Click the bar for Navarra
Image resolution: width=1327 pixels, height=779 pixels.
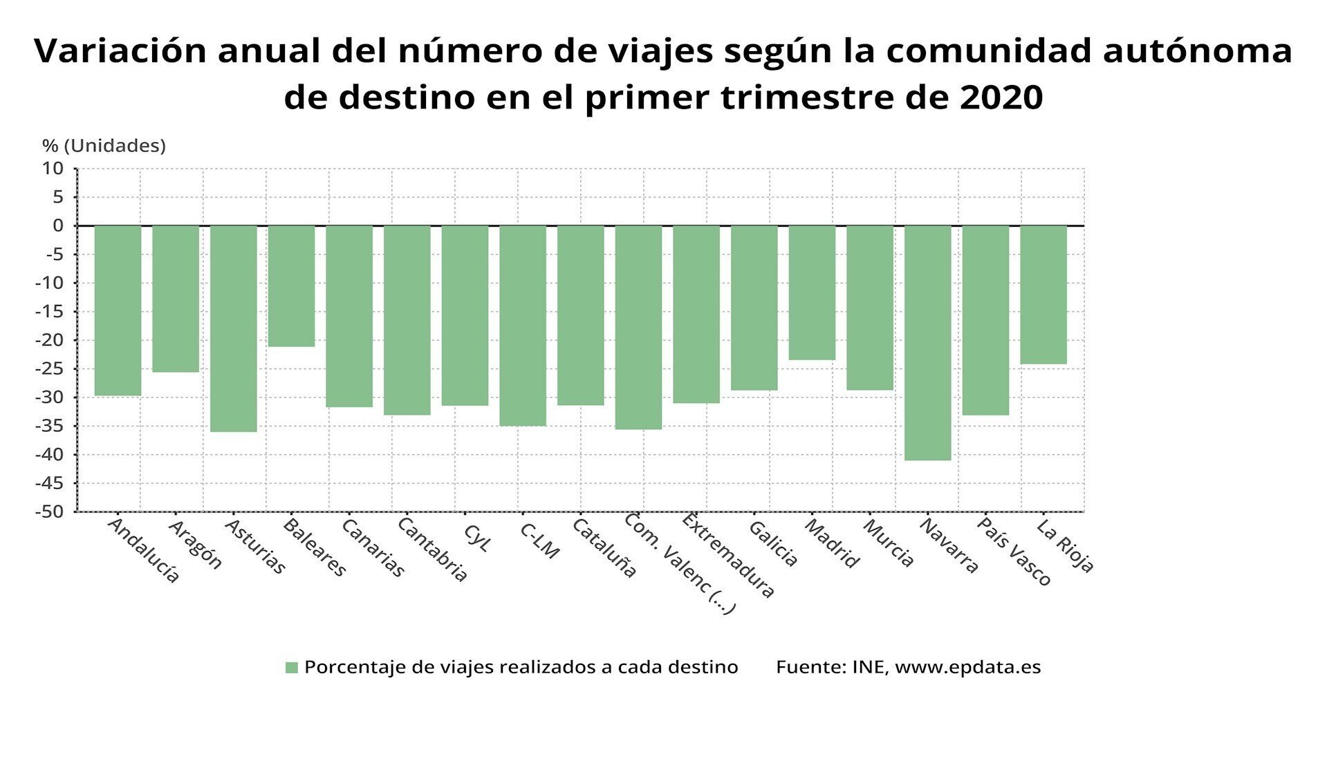[x=927, y=343]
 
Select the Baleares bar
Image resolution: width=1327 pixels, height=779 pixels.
[x=291, y=286]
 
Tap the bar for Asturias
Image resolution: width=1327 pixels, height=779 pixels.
[x=234, y=328]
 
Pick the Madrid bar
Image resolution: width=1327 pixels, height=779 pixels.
[x=812, y=292]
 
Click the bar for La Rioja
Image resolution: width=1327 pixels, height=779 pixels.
[x=1043, y=294]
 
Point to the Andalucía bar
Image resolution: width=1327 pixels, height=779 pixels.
[x=118, y=310]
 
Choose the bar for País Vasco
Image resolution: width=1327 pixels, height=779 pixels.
[x=985, y=320]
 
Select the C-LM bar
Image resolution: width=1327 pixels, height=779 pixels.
[x=523, y=326]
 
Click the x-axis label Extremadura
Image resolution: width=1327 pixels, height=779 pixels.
[x=728, y=555]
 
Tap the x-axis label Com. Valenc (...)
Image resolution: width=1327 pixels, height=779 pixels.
[x=679, y=563]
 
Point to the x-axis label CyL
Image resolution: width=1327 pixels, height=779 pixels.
[x=476, y=538]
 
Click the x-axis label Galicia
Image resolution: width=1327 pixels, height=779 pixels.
[x=773, y=544]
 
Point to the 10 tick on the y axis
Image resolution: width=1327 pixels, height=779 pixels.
[x=53, y=169]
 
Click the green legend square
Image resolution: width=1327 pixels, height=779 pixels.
[x=292, y=668]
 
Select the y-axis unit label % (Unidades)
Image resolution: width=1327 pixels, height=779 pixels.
[x=104, y=146]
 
